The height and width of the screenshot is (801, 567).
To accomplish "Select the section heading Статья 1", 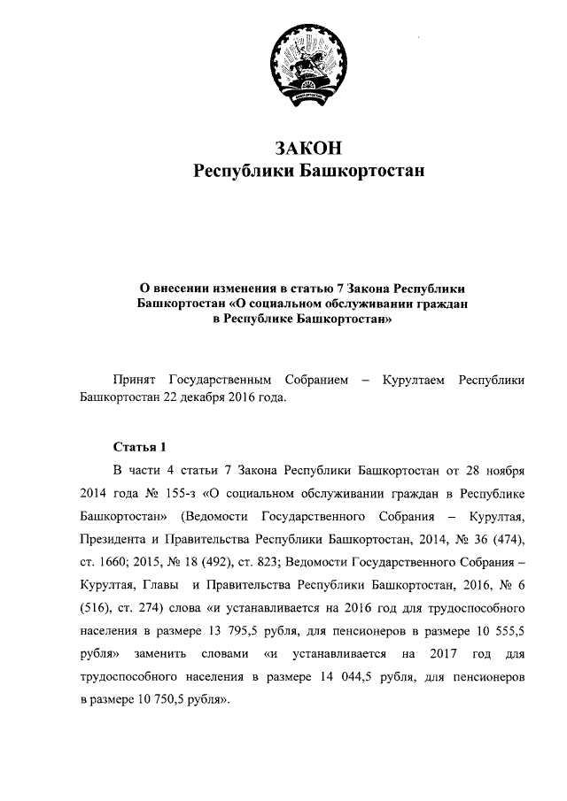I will [x=139, y=445].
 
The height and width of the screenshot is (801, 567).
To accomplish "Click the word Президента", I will [x=114, y=539].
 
